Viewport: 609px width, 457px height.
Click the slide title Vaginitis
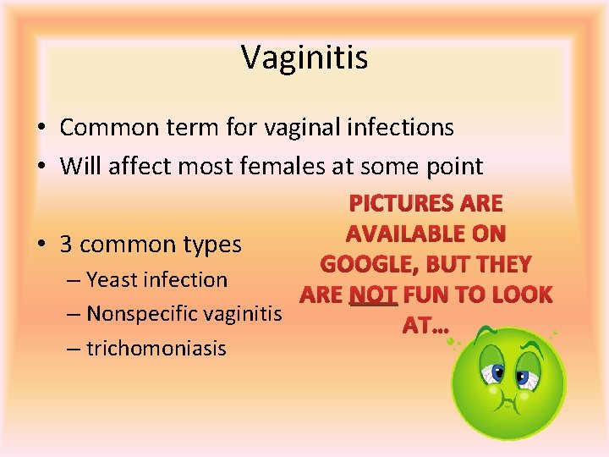pyautogui.click(x=304, y=58)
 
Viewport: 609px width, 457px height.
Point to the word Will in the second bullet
pyautogui.click(x=80, y=166)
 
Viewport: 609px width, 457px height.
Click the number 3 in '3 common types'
pyautogui.click(x=66, y=245)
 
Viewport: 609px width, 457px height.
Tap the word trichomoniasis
pyautogui.click(x=156, y=348)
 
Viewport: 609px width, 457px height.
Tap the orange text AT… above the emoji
pyautogui.click(x=426, y=326)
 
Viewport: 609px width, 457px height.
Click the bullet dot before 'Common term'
pyautogui.click(x=41, y=129)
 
